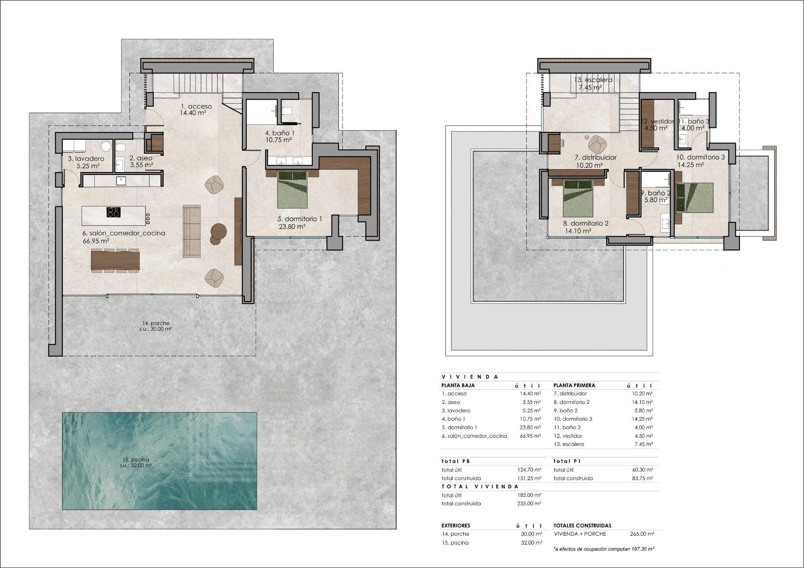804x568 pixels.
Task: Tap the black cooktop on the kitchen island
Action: coord(113,212)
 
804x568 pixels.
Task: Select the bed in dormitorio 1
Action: coord(293,189)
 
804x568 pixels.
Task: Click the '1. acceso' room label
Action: coord(196,106)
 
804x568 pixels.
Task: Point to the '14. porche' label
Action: coord(155,323)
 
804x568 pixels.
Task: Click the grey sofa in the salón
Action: coord(192,231)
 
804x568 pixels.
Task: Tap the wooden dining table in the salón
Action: coord(115,260)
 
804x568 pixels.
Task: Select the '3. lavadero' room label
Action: coord(86,159)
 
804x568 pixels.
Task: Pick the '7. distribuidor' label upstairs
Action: coord(595,158)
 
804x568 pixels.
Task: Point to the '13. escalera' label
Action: coord(593,80)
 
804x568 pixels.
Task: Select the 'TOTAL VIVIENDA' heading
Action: coord(480,486)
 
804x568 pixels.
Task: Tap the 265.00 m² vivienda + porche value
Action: coord(642,534)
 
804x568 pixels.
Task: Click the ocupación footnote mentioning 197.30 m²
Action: coord(603,548)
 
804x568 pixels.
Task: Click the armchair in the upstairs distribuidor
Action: coord(598,145)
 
